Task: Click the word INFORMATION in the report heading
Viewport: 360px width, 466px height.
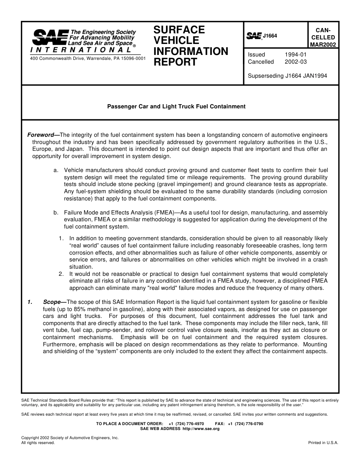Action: pyautogui.click(x=191, y=51)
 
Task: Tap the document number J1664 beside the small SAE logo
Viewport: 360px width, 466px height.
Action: pyautogui.click(x=270, y=36)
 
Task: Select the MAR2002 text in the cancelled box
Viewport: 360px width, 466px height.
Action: pyautogui.click(x=323, y=45)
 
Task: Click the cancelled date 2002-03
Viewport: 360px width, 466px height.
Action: pyautogui.click(x=296, y=62)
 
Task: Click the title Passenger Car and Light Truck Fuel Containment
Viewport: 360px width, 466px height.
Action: pyautogui.click(x=177, y=106)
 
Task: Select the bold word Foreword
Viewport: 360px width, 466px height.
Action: pyautogui.click(x=41, y=135)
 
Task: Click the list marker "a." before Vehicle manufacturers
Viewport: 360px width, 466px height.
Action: pyautogui.click(x=56, y=170)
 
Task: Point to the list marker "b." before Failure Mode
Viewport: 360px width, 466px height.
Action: pyautogui.click(x=56, y=213)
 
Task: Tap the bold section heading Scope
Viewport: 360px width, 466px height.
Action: pyautogui.click(x=52, y=302)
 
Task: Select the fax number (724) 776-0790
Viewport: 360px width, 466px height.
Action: pyautogui.click(x=249, y=424)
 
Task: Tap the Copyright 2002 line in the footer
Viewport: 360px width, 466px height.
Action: pyautogui.click(x=70, y=438)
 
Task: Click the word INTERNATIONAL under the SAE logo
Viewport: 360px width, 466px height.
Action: pyautogui.click(x=81, y=50)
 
